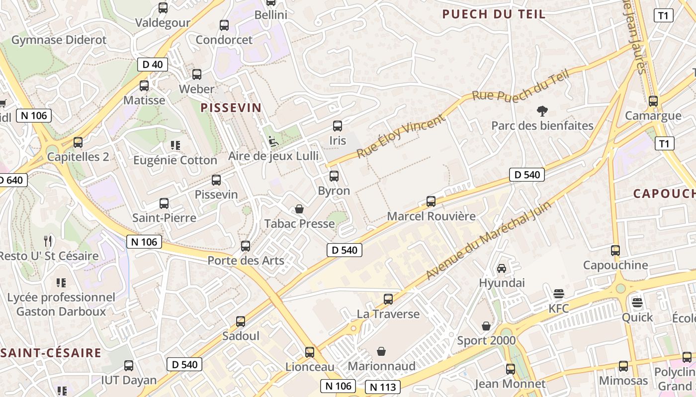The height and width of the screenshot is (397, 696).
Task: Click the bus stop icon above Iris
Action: pyautogui.click(x=338, y=126)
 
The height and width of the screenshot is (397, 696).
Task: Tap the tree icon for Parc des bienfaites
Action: pyautogui.click(x=542, y=111)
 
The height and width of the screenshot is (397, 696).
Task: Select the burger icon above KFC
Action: pyautogui.click(x=559, y=294)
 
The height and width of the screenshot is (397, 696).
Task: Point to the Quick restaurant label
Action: pyautogui.click(x=637, y=317)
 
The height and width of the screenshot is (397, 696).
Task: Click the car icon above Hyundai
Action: pyautogui.click(x=502, y=268)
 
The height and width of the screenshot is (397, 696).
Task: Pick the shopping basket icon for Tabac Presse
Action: pyautogui.click(x=299, y=209)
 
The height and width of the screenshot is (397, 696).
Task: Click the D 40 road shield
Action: pyautogui.click(x=152, y=64)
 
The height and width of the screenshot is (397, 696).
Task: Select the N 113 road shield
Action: pyautogui.click(x=383, y=387)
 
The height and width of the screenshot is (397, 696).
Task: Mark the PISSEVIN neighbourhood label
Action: pyautogui.click(x=231, y=108)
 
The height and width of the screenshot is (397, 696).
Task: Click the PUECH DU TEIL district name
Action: pyautogui.click(x=494, y=14)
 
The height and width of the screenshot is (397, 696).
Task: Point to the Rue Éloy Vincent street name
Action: pyautogui.click(x=401, y=136)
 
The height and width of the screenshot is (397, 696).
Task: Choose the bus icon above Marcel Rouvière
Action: pyautogui.click(x=431, y=201)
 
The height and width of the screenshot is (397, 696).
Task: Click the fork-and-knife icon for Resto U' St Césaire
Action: pyautogui.click(x=48, y=241)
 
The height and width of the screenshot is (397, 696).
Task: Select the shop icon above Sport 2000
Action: pyautogui.click(x=486, y=326)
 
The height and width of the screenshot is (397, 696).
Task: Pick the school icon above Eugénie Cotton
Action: pyautogui.click(x=175, y=145)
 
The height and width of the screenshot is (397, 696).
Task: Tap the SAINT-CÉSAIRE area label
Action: pyautogui.click(x=51, y=353)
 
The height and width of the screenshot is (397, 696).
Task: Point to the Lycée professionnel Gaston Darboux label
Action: pyautogui.click(x=61, y=304)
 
